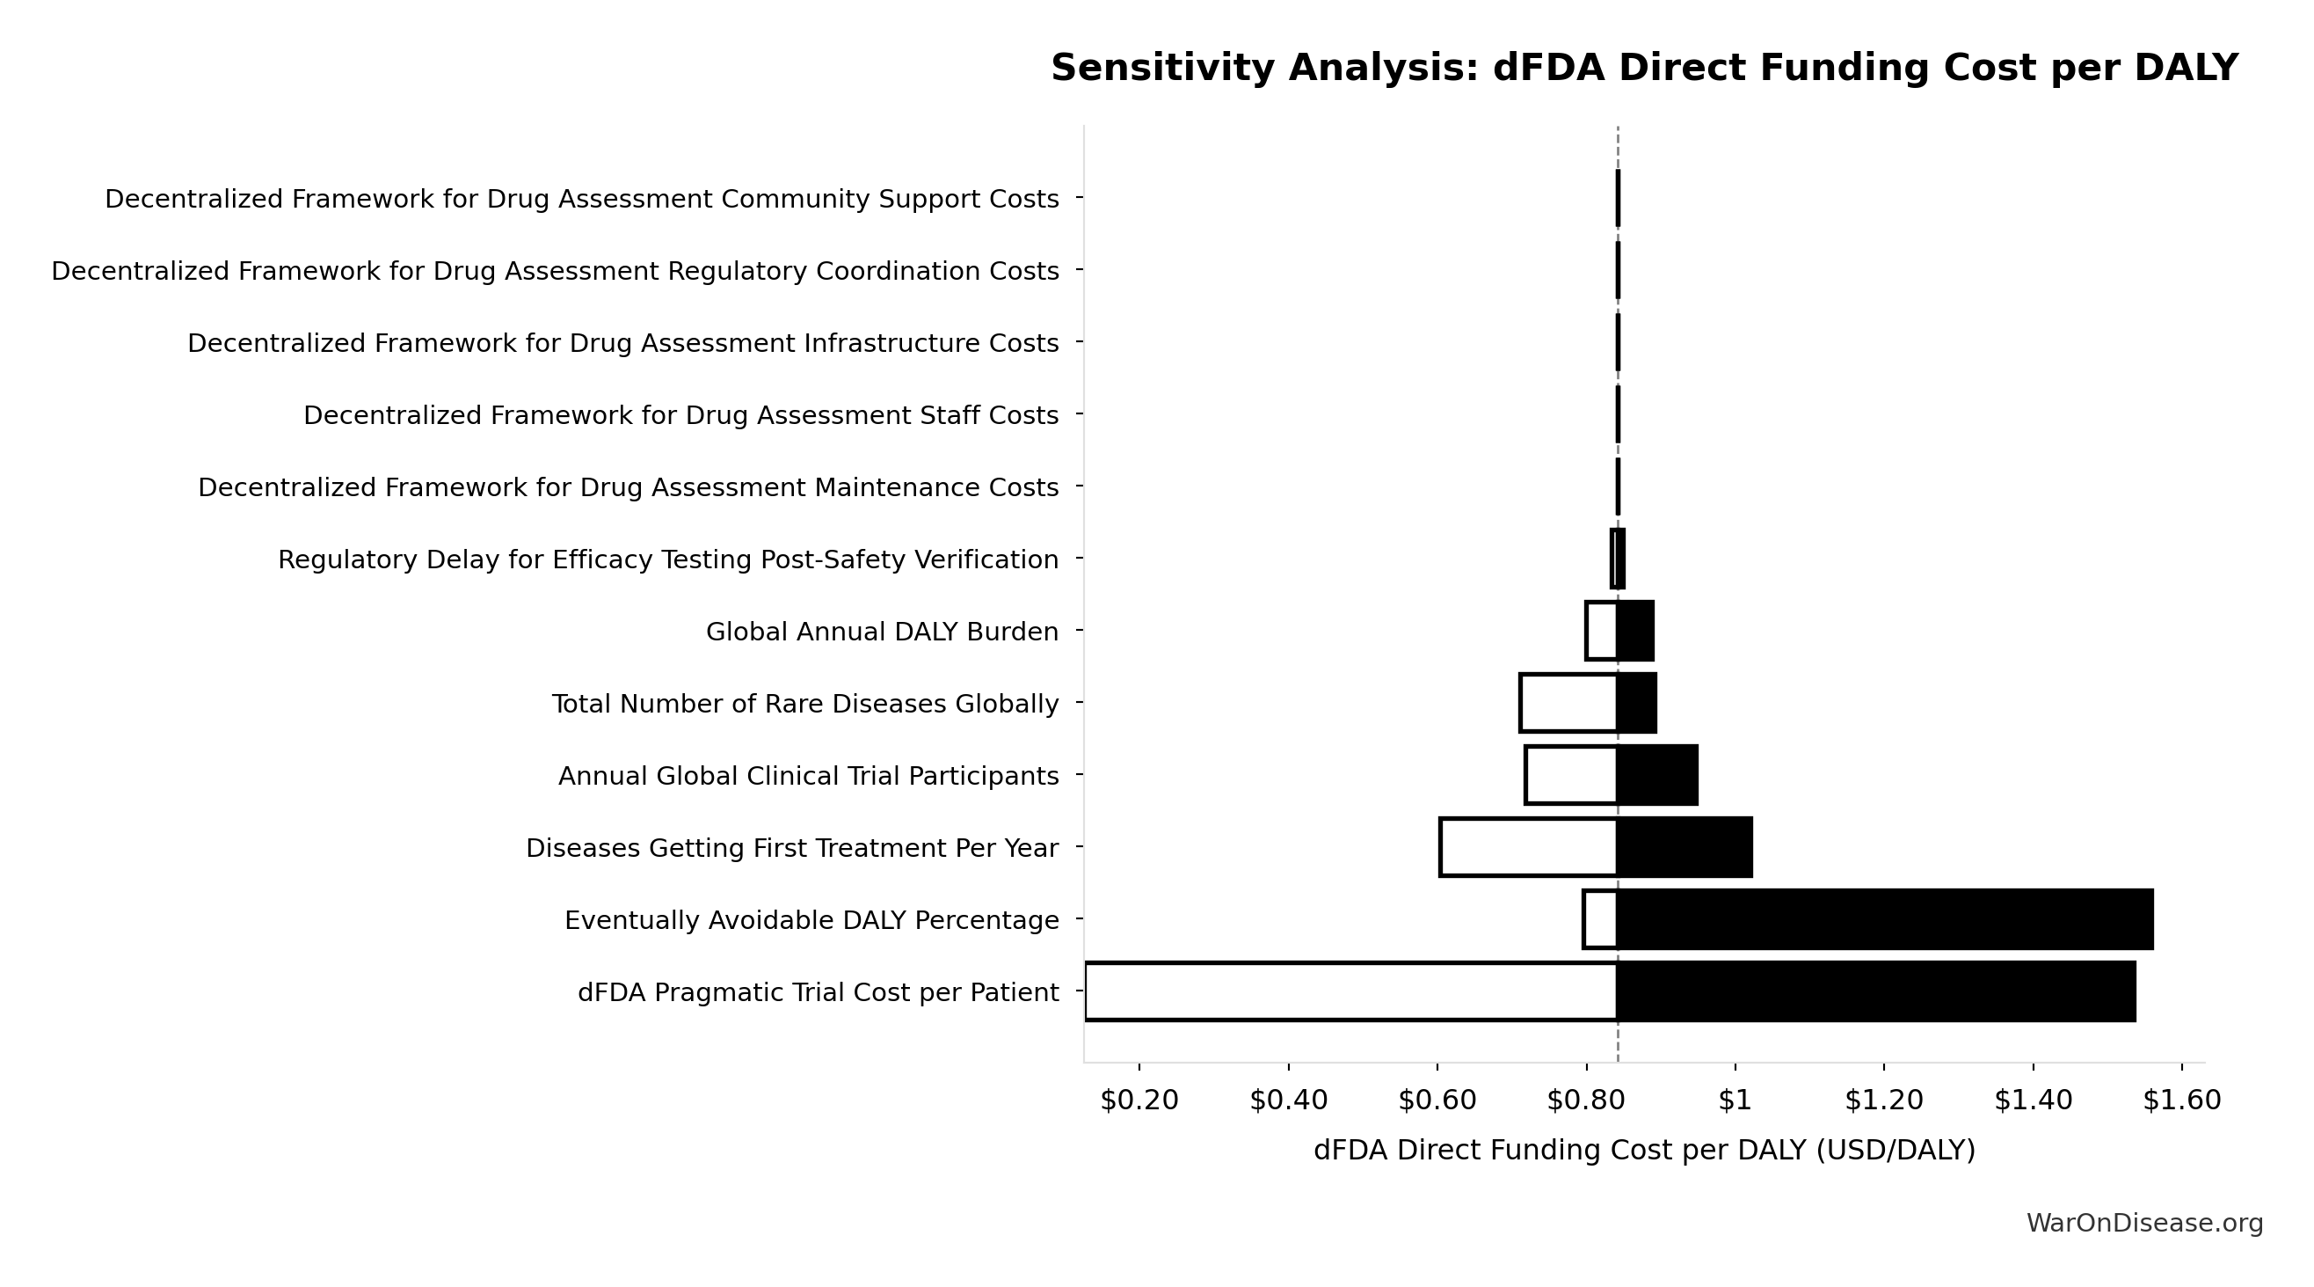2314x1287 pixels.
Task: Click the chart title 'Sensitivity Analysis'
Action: (x=1644, y=69)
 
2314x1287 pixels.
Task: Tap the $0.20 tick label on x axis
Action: (x=1139, y=1100)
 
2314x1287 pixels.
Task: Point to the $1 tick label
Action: (x=1734, y=1100)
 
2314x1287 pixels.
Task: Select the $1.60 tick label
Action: (x=2181, y=1100)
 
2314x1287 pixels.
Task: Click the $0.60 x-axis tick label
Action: (x=1437, y=1100)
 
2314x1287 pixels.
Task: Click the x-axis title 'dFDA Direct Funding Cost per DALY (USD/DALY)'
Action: (x=1644, y=1151)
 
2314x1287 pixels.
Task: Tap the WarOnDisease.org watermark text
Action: (x=2144, y=1223)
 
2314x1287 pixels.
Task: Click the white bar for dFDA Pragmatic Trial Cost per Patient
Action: (x=1351, y=991)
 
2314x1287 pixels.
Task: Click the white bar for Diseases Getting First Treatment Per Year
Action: (x=1528, y=847)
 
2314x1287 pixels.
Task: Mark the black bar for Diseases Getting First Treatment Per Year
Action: (x=1685, y=847)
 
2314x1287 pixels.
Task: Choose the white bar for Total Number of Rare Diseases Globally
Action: (x=1568, y=703)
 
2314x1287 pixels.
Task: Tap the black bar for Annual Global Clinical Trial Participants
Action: (x=1657, y=775)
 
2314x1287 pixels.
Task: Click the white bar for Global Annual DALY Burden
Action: (x=1602, y=631)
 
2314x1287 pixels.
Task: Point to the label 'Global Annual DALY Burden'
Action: (x=881, y=632)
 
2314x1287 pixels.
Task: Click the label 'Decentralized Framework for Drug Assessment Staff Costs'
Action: (x=680, y=415)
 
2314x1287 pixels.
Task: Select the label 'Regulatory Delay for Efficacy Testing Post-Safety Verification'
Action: (x=667, y=559)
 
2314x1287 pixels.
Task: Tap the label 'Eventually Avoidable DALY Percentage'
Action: (x=811, y=920)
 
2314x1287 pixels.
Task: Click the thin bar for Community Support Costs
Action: (x=1618, y=198)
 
